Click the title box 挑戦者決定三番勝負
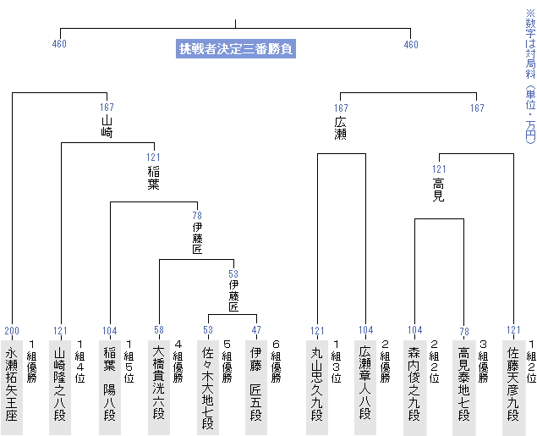coord(236,48)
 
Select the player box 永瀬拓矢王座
coord(12,388)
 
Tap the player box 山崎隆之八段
coord(60,388)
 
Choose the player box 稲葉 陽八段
coord(110,388)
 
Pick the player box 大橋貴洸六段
coord(159,388)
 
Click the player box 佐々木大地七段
coord(208,388)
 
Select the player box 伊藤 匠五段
coord(256,388)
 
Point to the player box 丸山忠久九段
coord(317,388)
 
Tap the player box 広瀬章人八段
coord(365,388)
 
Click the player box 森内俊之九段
coord(414,388)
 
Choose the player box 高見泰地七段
coord(463,388)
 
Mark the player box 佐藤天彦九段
coord(513,388)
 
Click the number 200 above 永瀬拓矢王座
coord(12,331)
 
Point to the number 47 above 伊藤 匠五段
coord(256,330)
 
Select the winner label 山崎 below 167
coord(107,126)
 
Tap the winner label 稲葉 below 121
coord(153,178)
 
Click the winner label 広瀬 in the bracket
coord(341,128)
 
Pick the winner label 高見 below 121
coord(439,190)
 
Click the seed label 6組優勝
coord(276,361)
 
